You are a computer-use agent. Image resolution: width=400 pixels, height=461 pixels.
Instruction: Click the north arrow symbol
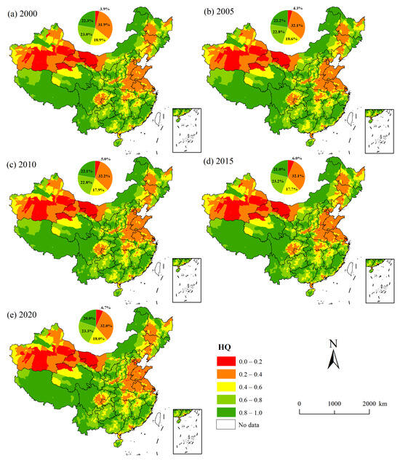[333, 356]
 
